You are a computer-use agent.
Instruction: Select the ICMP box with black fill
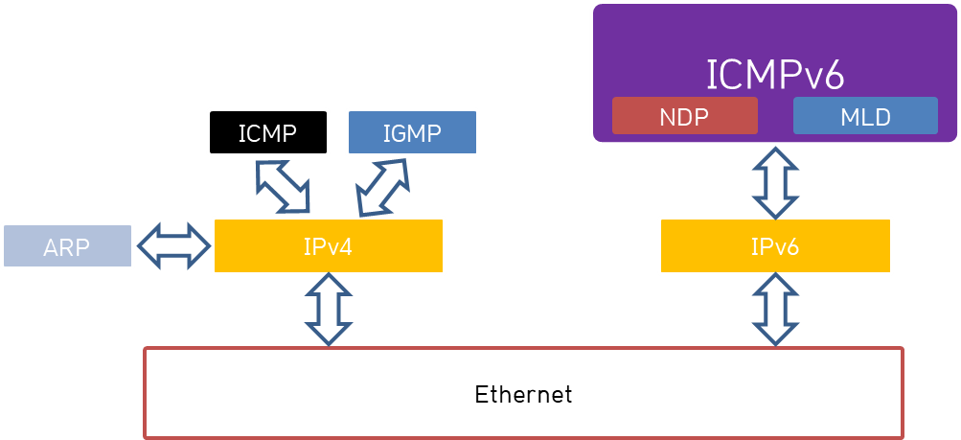268,131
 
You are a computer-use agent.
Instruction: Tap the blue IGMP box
412,132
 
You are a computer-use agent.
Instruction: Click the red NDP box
684,117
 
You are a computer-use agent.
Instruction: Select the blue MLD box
865,117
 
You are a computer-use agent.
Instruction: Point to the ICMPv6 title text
774,74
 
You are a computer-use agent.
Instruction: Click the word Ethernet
523,394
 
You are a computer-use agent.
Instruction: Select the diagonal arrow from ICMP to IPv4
284,186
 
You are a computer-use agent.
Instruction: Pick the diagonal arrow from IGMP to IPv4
382,187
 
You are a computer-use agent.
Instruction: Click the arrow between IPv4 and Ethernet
329,310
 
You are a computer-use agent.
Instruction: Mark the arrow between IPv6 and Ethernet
774,310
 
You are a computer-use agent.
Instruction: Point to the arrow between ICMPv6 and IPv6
774,180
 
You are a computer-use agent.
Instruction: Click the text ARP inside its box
66,248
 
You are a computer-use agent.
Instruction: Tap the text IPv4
328,246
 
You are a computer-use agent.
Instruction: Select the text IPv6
774,246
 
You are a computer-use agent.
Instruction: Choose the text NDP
684,117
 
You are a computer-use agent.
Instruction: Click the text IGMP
412,133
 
